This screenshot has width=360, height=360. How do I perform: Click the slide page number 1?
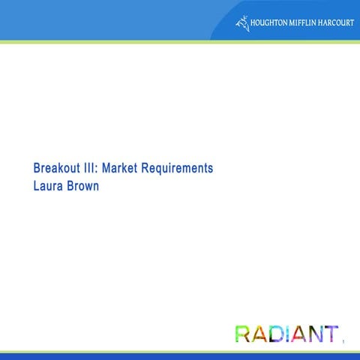click(x=343, y=343)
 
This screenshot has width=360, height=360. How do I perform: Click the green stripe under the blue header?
click(x=180, y=42)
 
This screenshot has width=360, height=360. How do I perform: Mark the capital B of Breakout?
click(x=37, y=169)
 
